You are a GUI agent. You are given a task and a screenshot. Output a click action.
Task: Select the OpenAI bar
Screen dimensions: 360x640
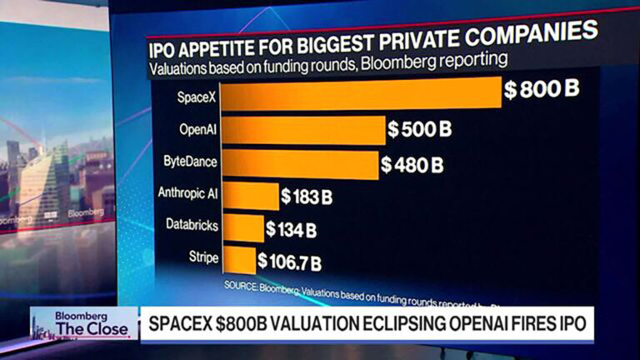click(x=304, y=131)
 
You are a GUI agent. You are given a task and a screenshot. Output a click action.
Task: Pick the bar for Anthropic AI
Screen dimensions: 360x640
click(x=250, y=195)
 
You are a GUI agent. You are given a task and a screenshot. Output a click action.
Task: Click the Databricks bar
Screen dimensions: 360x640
click(x=242, y=227)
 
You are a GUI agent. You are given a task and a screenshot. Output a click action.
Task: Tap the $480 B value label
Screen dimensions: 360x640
click(x=414, y=165)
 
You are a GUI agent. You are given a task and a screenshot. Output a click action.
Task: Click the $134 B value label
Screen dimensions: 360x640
click(x=292, y=228)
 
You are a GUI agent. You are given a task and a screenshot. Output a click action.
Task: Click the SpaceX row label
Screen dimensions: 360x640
click(x=197, y=97)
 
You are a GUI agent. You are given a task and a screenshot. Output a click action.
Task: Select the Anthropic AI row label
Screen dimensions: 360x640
click(x=188, y=193)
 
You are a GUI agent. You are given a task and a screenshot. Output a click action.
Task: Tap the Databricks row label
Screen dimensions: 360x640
click(x=192, y=226)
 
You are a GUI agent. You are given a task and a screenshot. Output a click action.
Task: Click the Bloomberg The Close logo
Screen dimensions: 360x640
click(x=84, y=323)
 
